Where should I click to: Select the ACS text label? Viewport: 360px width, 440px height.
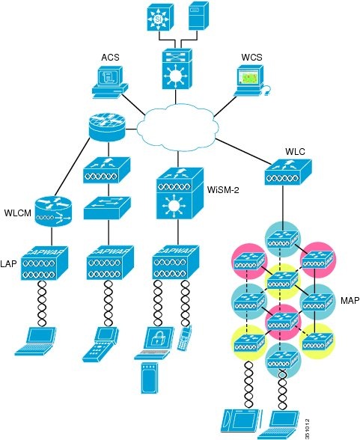click(x=111, y=58)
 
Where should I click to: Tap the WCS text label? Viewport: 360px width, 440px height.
click(x=251, y=58)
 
